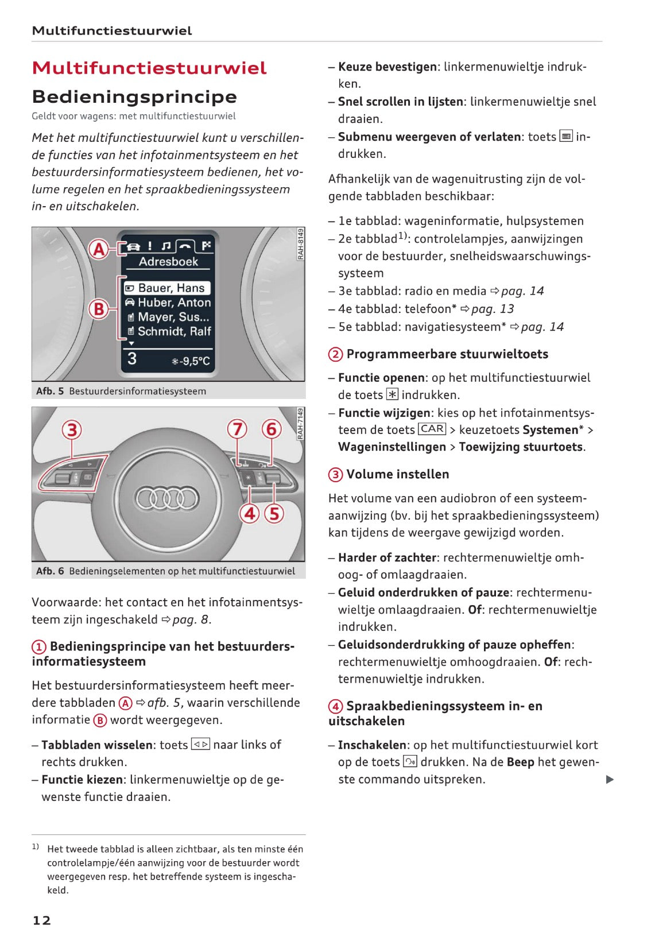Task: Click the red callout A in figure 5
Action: click(99, 249)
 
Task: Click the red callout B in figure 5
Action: click(99, 309)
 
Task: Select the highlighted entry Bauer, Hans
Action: click(167, 288)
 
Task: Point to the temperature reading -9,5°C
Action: click(191, 361)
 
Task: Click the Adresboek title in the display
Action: click(168, 262)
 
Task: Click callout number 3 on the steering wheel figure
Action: click(72, 429)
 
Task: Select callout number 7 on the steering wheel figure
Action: click(237, 429)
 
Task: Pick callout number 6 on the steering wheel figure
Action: click(272, 429)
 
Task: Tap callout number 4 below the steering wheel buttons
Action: click(250, 513)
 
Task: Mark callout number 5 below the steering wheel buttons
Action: click(274, 513)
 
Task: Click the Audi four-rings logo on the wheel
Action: click(166, 498)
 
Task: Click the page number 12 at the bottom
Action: click(41, 920)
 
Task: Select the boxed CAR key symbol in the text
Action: click(432, 429)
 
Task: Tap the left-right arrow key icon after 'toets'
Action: click(200, 745)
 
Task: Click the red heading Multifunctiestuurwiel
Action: click(149, 68)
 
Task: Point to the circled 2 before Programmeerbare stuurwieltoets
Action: click(335, 354)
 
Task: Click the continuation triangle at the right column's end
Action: click(610, 779)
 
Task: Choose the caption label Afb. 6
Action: click(50, 571)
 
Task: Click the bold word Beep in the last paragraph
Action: click(520, 762)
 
